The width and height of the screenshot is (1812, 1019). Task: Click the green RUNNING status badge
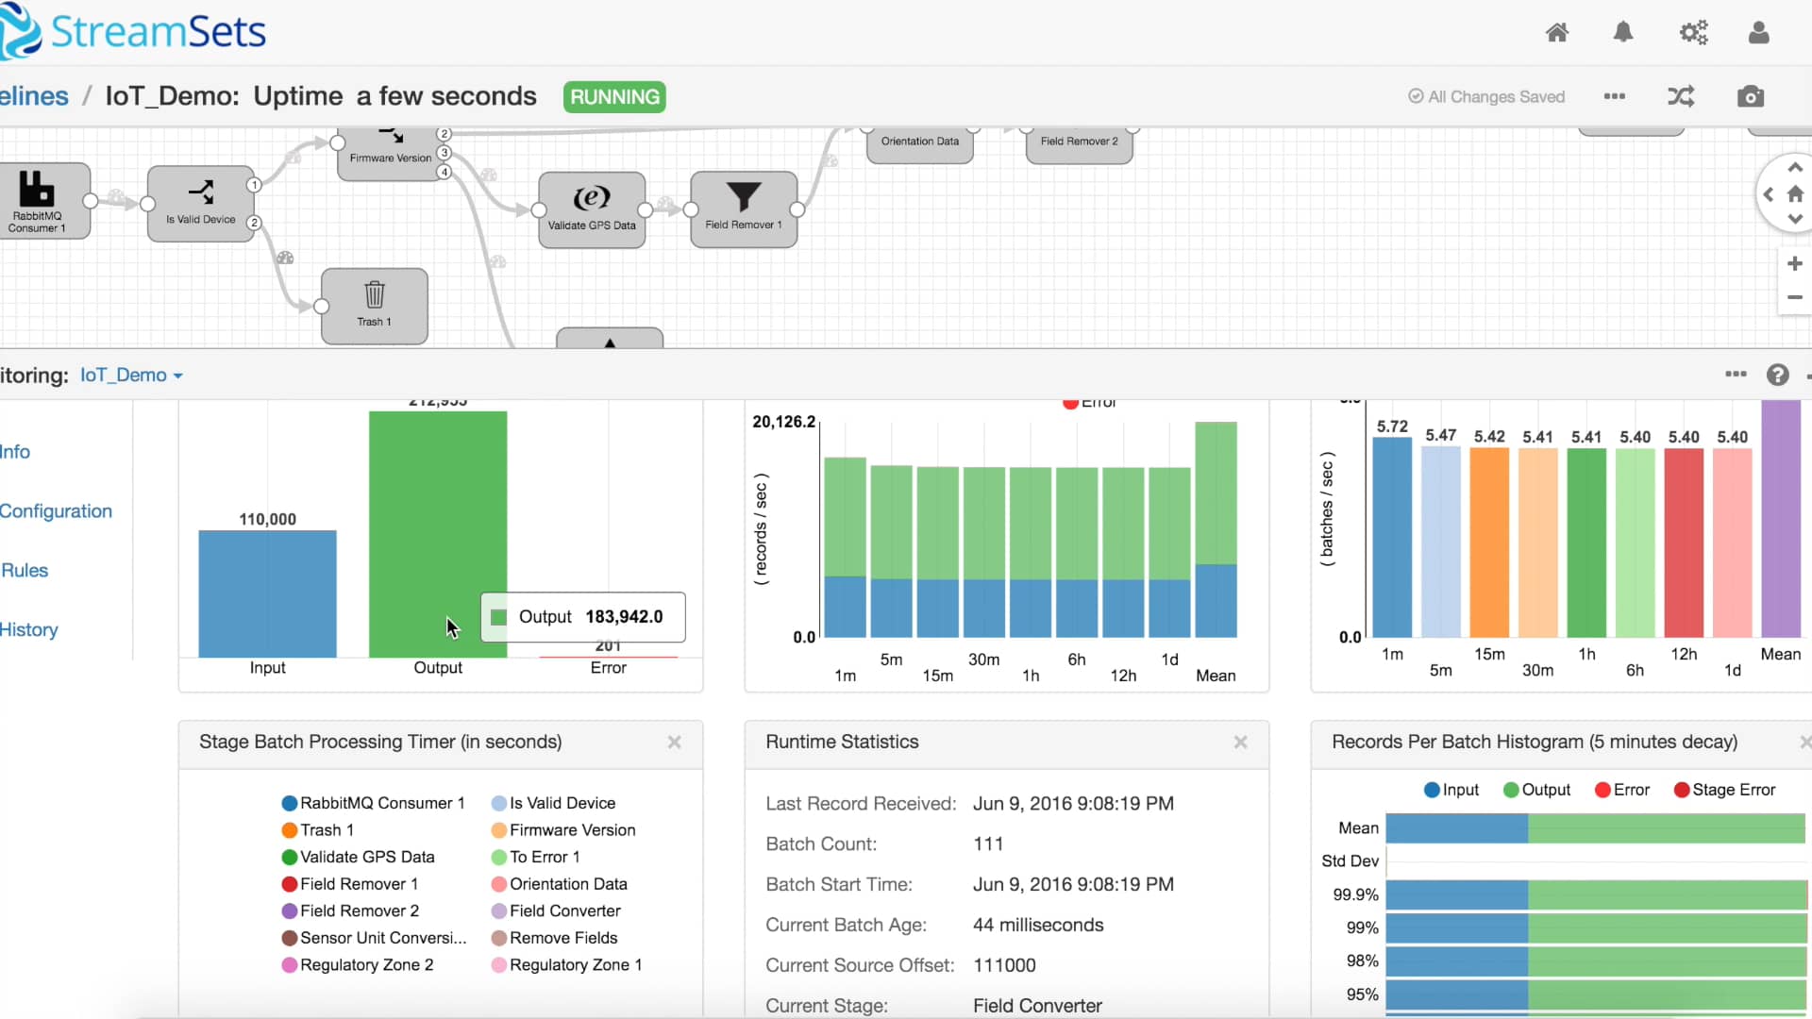(x=614, y=97)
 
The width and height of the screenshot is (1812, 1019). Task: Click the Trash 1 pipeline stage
(x=375, y=306)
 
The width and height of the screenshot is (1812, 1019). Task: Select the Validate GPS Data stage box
(x=592, y=209)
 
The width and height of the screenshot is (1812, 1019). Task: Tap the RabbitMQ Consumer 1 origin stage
(x=38, y=200)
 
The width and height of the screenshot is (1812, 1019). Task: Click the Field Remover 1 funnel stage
(x=744, y=209)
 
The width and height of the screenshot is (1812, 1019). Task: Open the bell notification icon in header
(x=1622, y=33)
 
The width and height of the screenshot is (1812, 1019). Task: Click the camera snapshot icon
(x=1750, y=97)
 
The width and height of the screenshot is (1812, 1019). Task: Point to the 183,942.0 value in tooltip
(x=624, y=617)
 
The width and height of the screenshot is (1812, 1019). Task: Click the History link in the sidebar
(x=29, y=629)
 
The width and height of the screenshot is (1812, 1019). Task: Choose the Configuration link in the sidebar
(x=56, y=510)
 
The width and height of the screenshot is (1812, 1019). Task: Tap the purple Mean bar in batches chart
(x=1780, y=519)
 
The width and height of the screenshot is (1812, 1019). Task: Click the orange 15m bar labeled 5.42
(x=1489, y=543)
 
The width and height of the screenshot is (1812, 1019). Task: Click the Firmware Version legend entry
(x=572, y=830)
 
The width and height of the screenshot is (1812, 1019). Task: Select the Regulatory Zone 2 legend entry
(x=366, y=965)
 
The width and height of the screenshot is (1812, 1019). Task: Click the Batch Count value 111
(x=988, y=844)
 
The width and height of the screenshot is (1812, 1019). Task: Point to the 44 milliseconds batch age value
(x=1038, y=926)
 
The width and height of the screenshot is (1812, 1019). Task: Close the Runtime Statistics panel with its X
(x=1240, y=743)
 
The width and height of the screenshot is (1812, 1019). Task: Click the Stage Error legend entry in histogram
(x=1733, y=790)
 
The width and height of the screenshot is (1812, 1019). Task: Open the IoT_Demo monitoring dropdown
(x=131, y=376)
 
